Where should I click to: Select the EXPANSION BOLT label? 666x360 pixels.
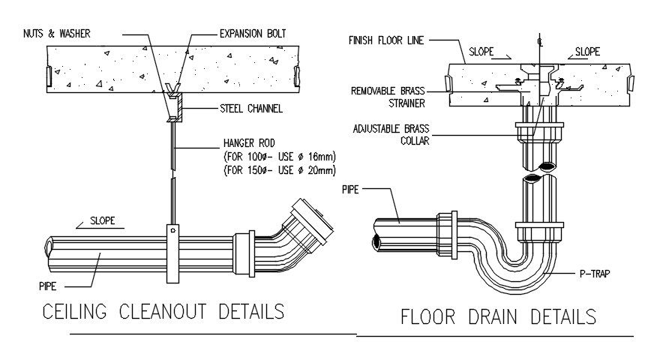tap(251, 33)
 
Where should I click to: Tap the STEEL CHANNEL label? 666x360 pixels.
tap(251, 109)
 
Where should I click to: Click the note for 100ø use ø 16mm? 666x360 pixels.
tap(278, 156)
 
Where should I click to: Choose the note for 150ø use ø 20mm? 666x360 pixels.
tap(278, 169)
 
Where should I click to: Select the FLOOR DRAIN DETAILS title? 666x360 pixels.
tap(499, 316)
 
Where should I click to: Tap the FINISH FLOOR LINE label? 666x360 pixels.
tap(385, 40)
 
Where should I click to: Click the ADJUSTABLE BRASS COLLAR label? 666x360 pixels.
tap(391, 134)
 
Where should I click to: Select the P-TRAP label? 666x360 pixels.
tap(595, 274)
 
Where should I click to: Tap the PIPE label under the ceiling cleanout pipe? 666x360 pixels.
tap(49, 286)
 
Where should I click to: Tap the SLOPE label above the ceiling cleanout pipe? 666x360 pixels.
tap(103, 222)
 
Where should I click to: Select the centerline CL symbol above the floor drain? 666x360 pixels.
tap(538, 37)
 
